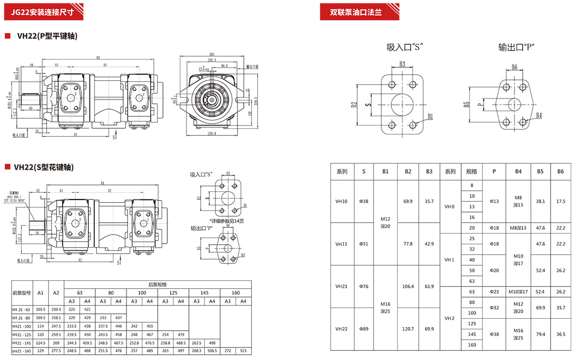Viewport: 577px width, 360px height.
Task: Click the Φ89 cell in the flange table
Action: (x=364, y=329)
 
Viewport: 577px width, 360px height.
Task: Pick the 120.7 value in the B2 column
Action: (x=408, y=329)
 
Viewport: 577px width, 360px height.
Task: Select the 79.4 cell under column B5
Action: (x=540, y=334)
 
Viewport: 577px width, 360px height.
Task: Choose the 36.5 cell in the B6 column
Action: (x=561, y=334)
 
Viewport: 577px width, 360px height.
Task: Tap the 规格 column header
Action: (x=472, y=172)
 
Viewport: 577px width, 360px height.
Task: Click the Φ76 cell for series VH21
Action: (x=364, y=286)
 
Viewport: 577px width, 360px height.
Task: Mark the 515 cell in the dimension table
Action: (x=243, y=351)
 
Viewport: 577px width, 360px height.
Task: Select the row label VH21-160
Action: (x=21, y=351)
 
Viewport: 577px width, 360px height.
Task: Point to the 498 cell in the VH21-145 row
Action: (x=212, y=343)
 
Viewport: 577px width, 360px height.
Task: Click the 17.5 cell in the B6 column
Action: (x=561, y=201)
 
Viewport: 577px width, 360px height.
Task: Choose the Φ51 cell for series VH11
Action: (x=364, y=244)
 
